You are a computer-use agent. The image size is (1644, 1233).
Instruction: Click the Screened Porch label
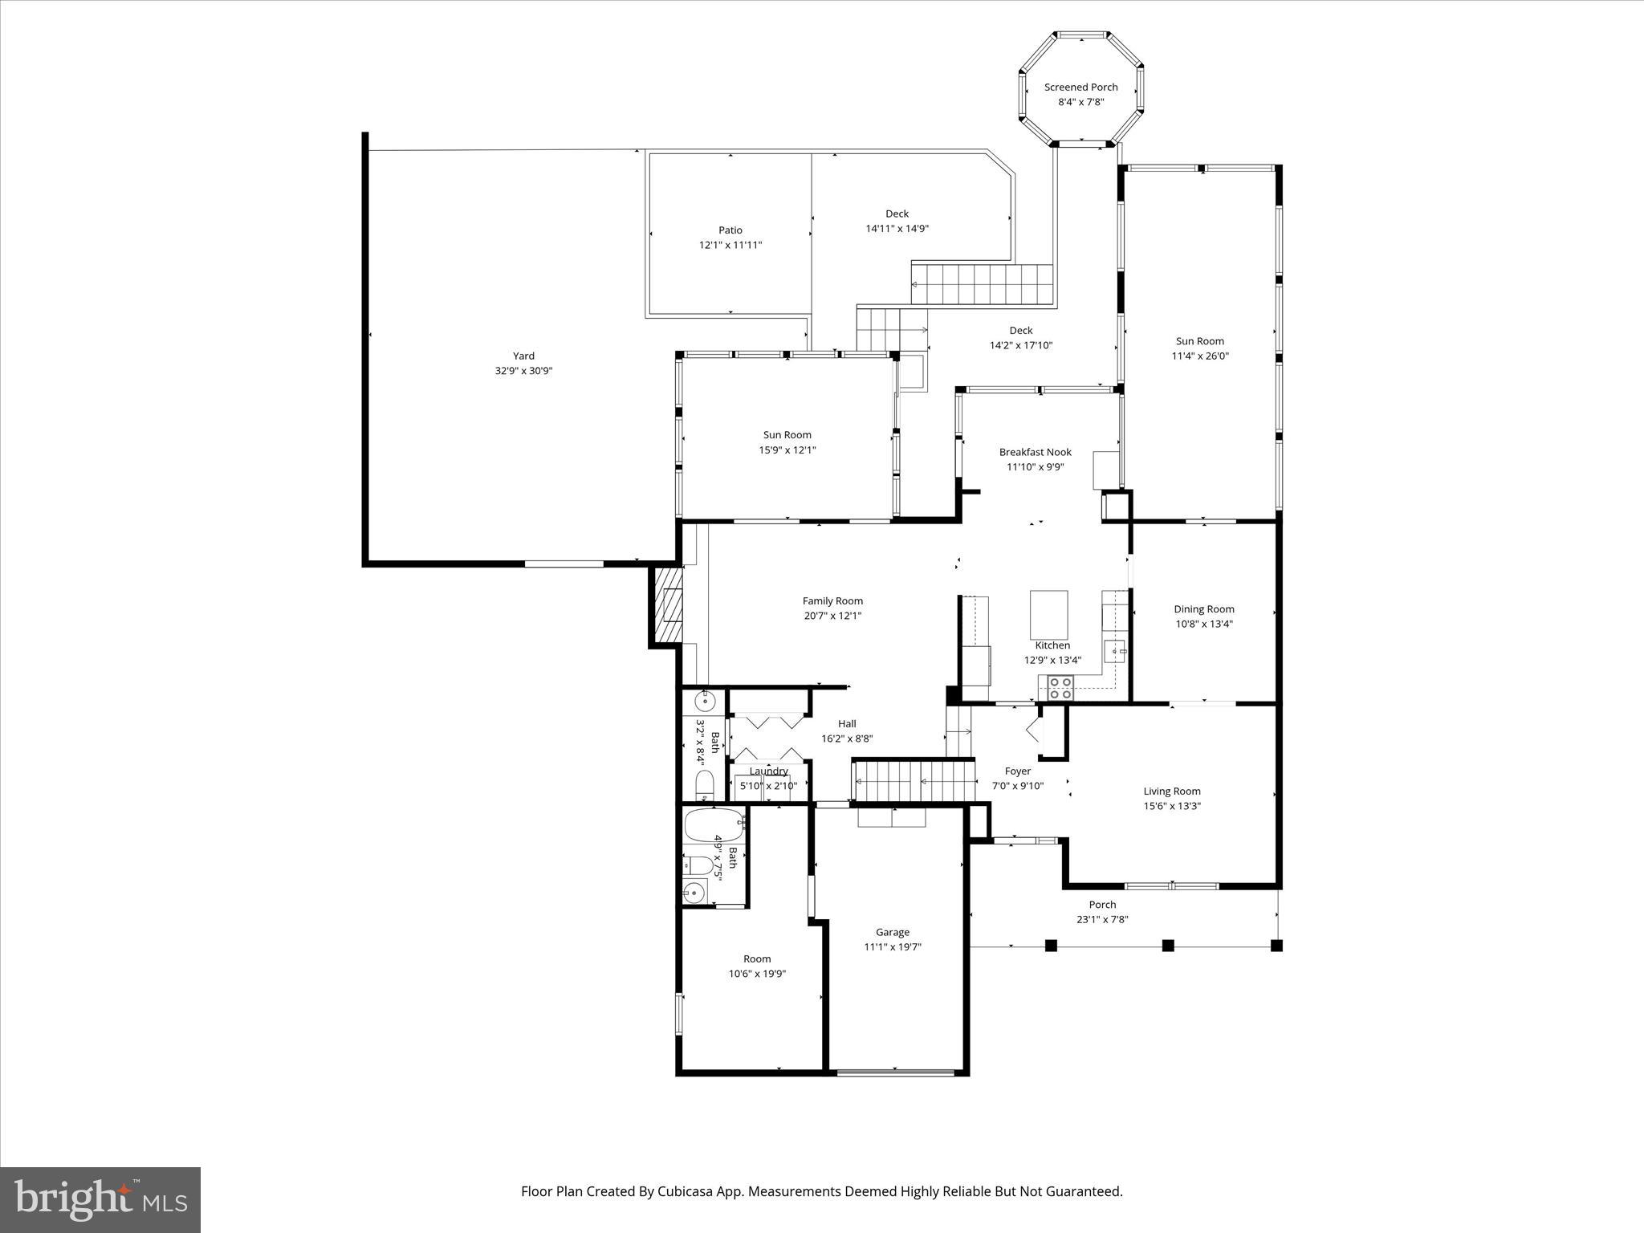[x=1080, y=87]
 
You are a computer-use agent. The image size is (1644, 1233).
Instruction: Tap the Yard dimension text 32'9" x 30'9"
[x=523, y=371]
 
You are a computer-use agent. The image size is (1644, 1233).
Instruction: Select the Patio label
[x=730, y=230]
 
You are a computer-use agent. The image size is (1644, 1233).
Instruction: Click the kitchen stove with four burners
[x=1060, y=688]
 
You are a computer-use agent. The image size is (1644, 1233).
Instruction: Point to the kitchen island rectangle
[x=1048, y=614]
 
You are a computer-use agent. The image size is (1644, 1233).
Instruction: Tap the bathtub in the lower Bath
[x=714, y=824]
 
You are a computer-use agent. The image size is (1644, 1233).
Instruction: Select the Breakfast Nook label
[x=1035, y=452]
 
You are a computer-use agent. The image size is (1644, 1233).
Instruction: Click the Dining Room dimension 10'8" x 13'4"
[x=1203, y=624]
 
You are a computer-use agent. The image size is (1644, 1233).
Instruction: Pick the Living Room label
[x=1171, y=791]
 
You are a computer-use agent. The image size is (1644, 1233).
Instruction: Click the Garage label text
[x=892, y=932]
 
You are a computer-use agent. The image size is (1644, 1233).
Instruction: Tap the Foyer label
[x=1017, y=771]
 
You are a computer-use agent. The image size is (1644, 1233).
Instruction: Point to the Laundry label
[x=768, y=771]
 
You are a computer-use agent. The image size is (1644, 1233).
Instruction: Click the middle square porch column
[x=1168, y=946]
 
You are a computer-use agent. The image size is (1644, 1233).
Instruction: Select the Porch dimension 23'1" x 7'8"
[x=1102, y=920]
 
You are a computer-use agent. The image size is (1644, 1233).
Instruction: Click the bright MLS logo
[x=100, y=1199]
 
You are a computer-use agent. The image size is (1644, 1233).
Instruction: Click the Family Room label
[x=832, y=601]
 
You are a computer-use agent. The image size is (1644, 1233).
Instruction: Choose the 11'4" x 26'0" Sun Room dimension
[x=1200, y=356]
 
